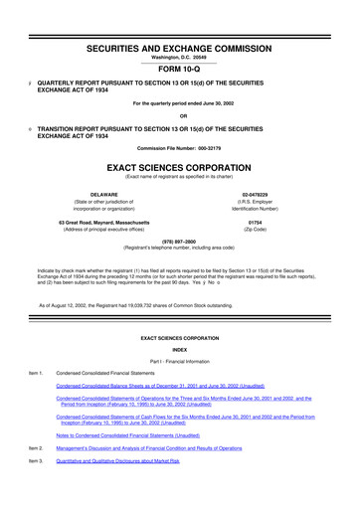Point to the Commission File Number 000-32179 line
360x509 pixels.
(180, 144)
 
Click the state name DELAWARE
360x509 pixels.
(98, 195)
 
